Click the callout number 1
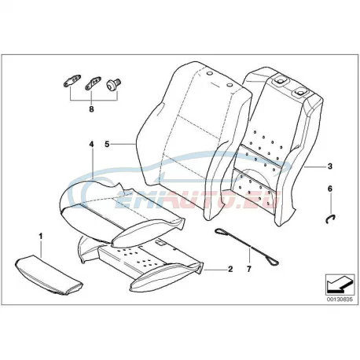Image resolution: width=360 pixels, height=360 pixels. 41,237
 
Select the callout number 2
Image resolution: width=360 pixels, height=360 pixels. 230,269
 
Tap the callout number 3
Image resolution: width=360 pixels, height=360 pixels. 330,166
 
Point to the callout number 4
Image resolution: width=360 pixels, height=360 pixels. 91,144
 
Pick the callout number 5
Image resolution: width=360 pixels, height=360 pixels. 107,144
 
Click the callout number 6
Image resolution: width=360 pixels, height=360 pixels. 330,189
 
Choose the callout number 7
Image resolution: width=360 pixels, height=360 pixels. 248,269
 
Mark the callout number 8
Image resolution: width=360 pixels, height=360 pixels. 91,109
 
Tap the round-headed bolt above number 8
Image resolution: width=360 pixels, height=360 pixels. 113,84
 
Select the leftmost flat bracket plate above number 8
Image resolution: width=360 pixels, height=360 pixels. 72,80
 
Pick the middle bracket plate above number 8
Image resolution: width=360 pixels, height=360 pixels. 93,83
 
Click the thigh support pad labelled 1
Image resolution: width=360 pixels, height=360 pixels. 50,274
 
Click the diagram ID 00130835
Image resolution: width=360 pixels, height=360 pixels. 340,299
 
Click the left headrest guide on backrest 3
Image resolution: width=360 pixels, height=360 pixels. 280,81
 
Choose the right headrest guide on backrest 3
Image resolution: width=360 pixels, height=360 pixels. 299,92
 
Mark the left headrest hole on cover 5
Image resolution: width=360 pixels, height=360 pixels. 209,74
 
